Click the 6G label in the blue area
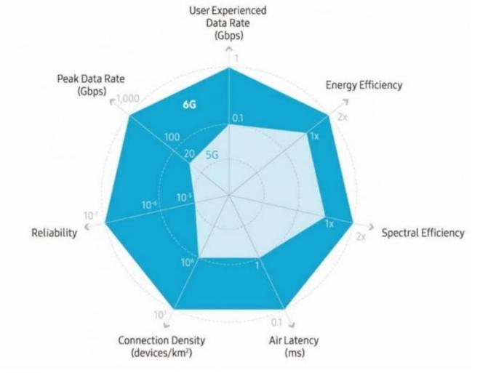tap(191, 105)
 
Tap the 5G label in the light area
tap(212, 154)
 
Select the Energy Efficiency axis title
tap(364, 86)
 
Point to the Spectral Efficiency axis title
tap(423, 233)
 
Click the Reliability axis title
tap(54, 233)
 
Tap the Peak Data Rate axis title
tap(81, 84)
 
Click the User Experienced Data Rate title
tap(228, 23)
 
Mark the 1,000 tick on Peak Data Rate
tap(127, 99)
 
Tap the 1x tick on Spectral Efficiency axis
tap(329, 224)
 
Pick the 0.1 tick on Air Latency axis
tap(276, 322)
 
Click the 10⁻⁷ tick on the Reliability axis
tap(91, 215)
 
